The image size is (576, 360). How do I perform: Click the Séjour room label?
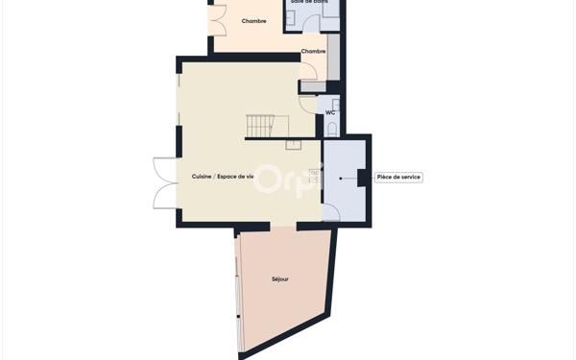279,279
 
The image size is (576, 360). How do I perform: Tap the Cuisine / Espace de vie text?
223,177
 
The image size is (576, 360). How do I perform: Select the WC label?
330,112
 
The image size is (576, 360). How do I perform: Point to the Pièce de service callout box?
398,177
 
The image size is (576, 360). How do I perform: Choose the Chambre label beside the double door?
254,21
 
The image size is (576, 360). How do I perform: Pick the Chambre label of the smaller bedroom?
313,51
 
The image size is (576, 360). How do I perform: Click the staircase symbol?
266,126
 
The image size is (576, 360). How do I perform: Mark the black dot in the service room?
340,178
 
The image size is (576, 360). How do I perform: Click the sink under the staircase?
293,145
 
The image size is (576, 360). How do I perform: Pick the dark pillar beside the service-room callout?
363,177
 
